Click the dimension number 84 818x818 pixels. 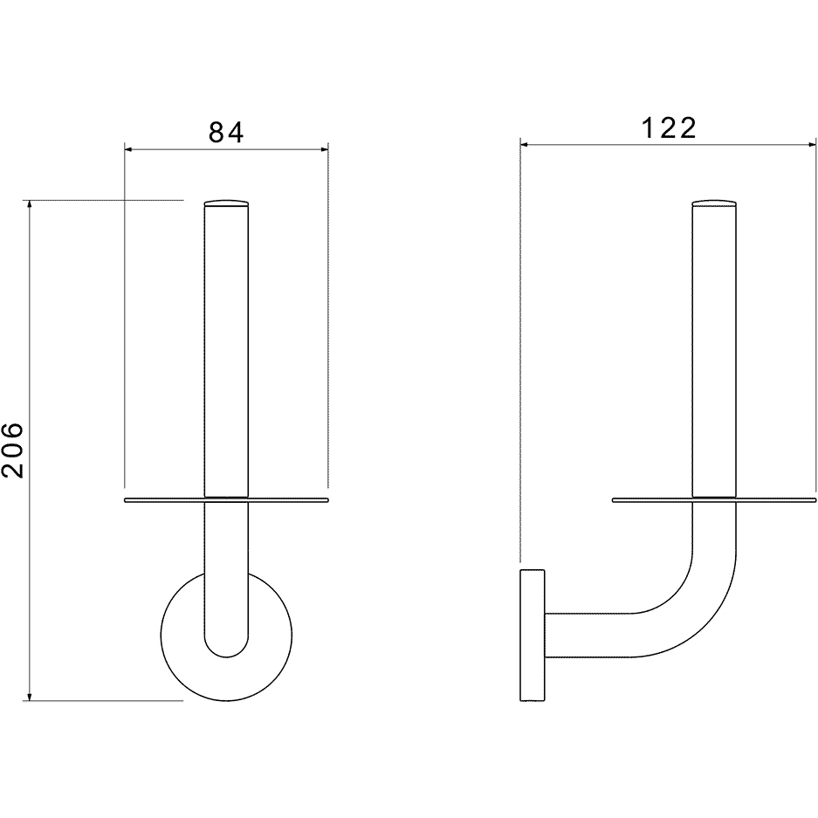[x=226, y=133]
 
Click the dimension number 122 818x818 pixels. [x=670, y=128]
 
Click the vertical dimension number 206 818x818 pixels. [x=13, y=450]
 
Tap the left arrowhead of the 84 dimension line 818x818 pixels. [x=129, y=150]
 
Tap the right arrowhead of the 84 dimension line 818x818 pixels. [x=323, y=150]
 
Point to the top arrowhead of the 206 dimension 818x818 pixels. [x=30, y=204]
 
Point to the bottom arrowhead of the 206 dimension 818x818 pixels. [x=30, y=696]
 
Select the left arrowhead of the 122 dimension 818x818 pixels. [x=525, y=145]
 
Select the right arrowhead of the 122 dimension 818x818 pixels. [x=811, y=145]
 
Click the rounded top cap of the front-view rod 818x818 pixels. [x=226, y=203]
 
